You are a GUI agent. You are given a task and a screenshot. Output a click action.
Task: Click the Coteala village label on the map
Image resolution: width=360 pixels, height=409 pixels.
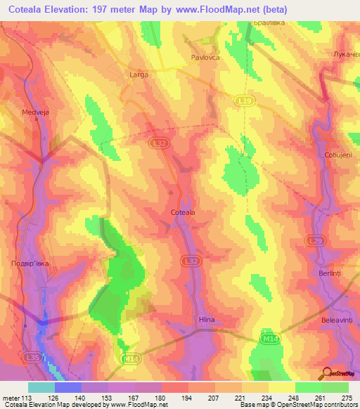pyautogui.click(x=183, y=211)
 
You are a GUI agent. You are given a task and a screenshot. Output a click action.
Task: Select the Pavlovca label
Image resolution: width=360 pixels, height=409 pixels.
pyautogui.click(x=206, y=58)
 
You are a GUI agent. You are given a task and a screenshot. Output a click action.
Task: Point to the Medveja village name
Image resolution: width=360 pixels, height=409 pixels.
pyautogui.click(x=36, y=110)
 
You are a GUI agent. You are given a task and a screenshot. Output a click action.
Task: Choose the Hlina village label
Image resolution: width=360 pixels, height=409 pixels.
pyautogui.click(x=206, y=318)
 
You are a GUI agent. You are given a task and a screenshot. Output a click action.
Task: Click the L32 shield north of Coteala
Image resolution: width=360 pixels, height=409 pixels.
pyautogui.click(x=160, y=143)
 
